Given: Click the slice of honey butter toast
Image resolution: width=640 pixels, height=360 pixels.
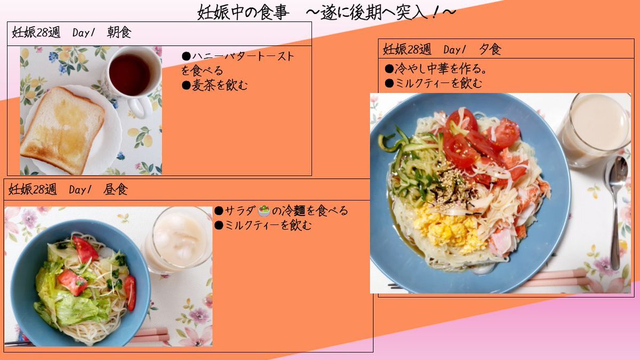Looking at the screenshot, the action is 63,130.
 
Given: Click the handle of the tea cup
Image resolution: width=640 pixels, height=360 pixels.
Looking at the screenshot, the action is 139,108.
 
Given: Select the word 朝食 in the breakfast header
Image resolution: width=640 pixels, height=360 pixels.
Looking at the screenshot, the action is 119,33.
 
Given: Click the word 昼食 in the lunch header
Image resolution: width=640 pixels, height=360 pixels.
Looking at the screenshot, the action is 116,189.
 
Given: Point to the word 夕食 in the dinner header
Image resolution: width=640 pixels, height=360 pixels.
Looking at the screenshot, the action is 490,50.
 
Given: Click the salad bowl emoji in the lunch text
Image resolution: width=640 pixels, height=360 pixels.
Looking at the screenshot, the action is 264,211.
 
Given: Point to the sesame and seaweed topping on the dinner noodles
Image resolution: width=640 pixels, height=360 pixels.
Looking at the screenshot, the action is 454,186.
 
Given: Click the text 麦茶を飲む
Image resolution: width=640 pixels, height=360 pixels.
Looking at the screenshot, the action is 219,85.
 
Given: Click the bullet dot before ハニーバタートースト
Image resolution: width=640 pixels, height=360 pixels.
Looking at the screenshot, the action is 186,56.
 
